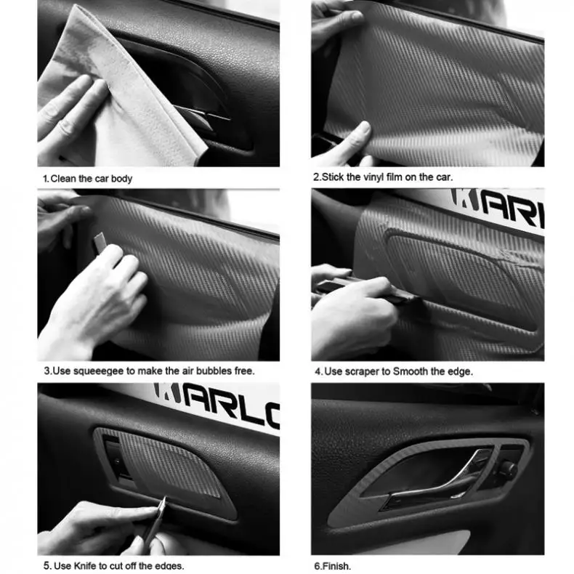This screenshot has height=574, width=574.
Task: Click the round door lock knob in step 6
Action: [x=507, y=469]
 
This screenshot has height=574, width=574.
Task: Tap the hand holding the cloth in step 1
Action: [x=69, y=116]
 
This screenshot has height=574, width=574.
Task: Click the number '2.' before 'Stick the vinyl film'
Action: [x=317, y=177]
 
